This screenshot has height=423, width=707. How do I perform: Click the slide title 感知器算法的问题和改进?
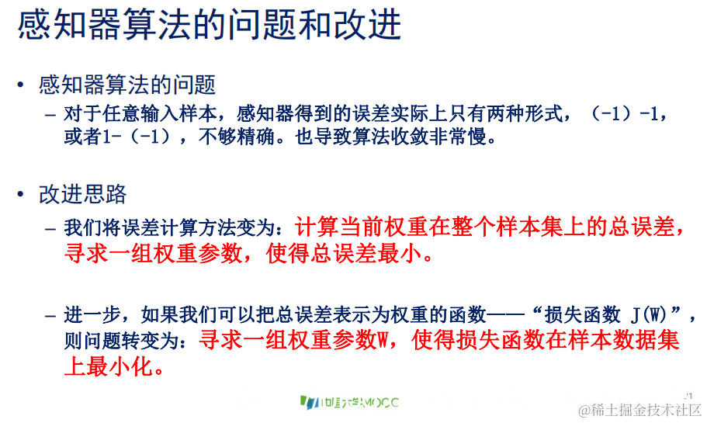210,26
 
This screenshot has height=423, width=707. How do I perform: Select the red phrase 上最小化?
113,365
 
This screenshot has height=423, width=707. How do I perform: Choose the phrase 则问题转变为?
124,340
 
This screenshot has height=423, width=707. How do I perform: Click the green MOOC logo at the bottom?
349,401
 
